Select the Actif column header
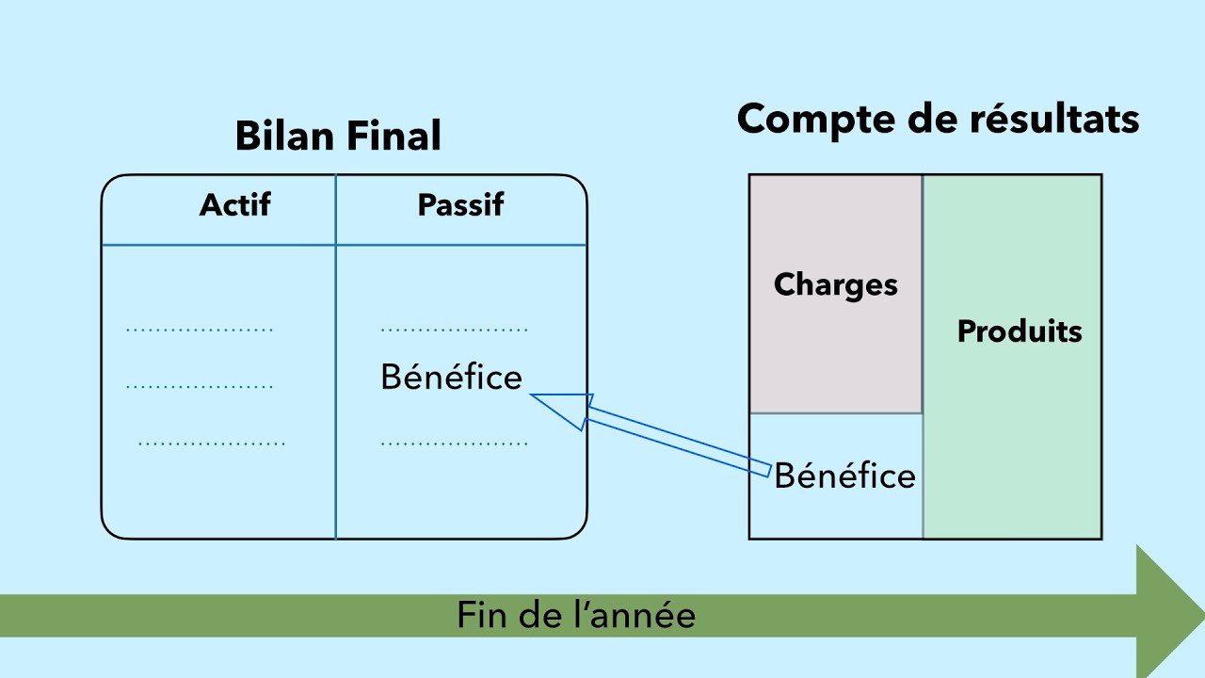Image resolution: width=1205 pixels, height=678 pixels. [x=234, y=205]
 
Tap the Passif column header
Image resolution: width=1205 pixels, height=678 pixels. [x=460, y=205]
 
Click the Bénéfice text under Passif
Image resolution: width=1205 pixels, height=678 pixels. [x=451, y=378]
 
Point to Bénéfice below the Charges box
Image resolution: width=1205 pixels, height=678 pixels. [x=844, y=476]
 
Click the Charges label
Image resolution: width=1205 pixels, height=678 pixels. [x=835, y=285]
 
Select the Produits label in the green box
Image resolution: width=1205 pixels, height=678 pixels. [x=1019, y=331]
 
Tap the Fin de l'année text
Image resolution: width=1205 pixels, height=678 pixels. [x=576, y=616]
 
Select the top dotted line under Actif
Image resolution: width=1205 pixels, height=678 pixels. [x=200, y=331]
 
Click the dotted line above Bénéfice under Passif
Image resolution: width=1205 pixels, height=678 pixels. [x=455, y=331]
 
